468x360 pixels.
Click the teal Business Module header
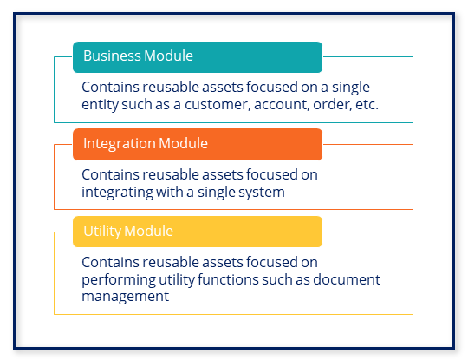point(198,57)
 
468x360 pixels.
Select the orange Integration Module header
point(198,145)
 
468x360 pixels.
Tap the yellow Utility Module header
point(198,232)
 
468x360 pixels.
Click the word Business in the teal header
point(112,56)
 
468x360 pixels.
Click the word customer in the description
point(218,105)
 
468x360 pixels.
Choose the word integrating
point(117,193)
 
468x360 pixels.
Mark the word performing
point(119,280)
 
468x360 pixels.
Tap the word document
point(347,279)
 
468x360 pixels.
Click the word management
point(126,297)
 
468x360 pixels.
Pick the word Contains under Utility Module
point(110,262)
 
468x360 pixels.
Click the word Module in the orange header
point(183,143)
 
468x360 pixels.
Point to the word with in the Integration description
point(169,192)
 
